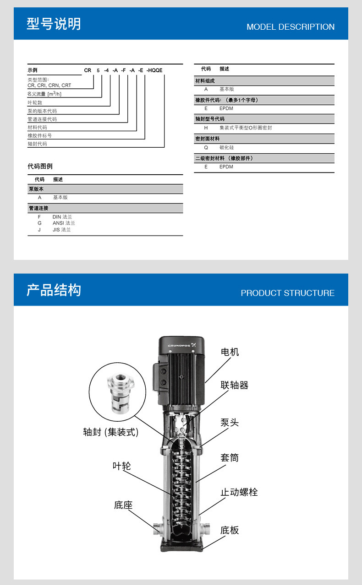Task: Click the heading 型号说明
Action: pos(54,24)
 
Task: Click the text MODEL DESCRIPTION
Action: pos(290,27)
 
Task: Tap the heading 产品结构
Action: pos(54,290)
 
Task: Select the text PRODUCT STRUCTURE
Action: pos(287,293)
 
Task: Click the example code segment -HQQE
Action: pos(154,70)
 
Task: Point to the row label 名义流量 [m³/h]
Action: pos(44,94)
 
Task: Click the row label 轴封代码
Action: pos(37,144)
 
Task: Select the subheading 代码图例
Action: pos(40,166)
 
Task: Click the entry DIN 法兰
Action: pos(62,217)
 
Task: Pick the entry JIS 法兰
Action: pos(62,230)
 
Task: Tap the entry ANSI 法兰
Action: pos(64,223)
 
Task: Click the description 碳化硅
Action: pos(226,148)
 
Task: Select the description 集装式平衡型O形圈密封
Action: pos(246,128)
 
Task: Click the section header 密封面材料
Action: pos(208,138)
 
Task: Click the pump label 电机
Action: pos(230,352)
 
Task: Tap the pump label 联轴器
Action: pos(234,386)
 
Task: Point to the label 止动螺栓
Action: pos(239,492)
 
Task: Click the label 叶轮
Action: pos(121,466)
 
